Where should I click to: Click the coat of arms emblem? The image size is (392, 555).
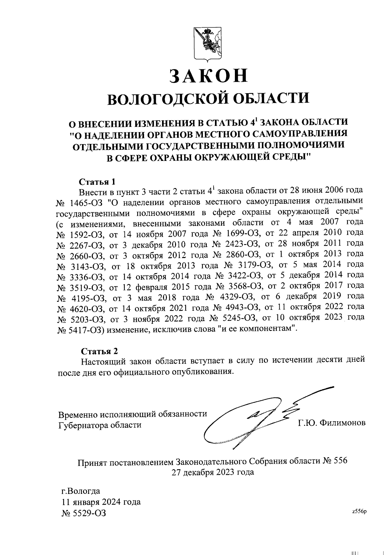(x=206, y=44)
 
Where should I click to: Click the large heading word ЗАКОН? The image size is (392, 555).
(x=208, y=76)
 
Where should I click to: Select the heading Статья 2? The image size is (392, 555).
(x=99, y=351)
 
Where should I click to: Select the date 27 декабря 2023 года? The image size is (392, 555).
(x=213, y=472)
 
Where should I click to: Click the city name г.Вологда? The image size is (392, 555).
(x=81, y=491)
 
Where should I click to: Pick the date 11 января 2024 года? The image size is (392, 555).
(x=101, y=502)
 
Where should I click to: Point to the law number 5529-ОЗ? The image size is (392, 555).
(x=84, y=513)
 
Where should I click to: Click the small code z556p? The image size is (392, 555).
(x=360, y=512)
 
